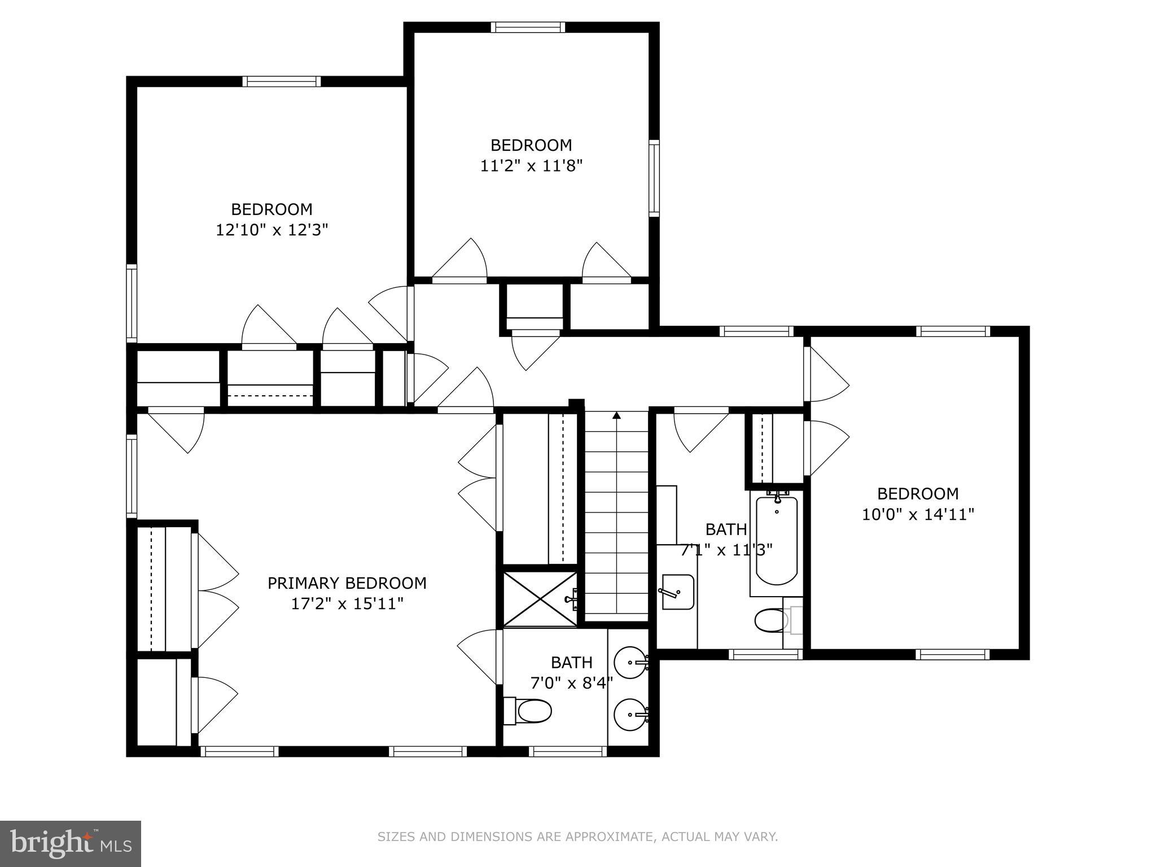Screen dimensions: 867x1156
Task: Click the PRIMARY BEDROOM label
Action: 347,583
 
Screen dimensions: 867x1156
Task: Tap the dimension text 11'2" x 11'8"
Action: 531,166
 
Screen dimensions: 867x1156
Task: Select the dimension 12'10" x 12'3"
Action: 272,230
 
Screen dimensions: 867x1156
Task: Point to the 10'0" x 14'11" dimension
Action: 918,515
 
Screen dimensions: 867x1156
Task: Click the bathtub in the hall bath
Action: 777,541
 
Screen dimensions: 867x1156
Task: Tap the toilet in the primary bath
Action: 531,711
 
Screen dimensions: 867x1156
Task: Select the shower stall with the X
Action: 540,599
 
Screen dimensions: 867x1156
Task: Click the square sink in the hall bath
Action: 677,592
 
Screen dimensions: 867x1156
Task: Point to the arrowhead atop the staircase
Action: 616,416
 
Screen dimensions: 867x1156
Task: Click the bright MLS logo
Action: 70,843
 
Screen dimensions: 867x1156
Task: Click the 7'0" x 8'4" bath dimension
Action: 571,684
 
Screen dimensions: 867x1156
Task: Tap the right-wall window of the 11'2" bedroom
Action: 654,178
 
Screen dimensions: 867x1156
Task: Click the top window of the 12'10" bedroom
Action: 282,81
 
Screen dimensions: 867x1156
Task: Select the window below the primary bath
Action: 568,751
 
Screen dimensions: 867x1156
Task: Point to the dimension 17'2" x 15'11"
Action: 347,604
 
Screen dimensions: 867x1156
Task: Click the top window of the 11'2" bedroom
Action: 527,27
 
